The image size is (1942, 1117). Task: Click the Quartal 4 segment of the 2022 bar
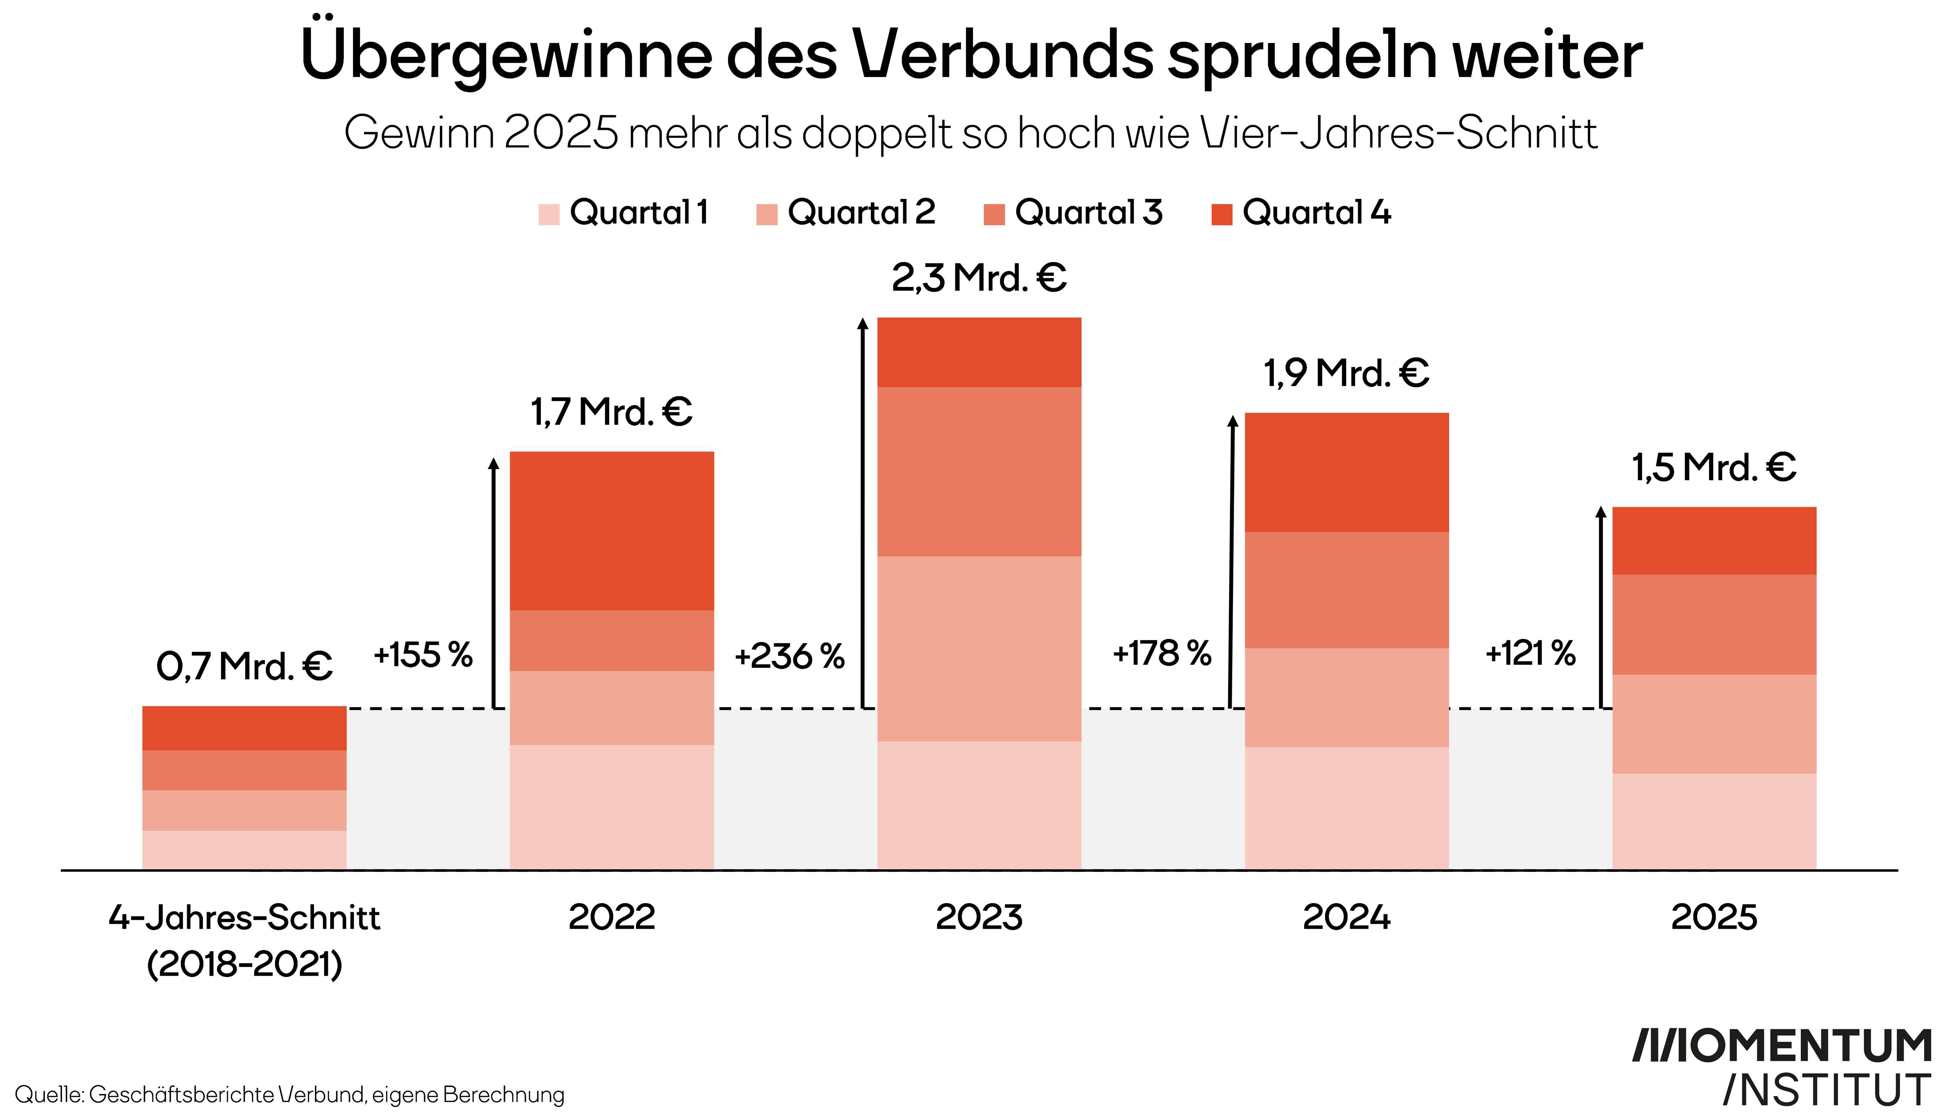click(x=611, y=531)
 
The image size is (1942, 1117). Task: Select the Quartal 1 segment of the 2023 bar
click(x=979, y=805)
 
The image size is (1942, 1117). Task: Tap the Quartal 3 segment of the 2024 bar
click(x=1346, y=590)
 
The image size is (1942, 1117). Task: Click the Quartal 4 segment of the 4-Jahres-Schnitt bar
click(x=244, y=728)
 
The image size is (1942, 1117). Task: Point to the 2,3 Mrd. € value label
click(x=979, y=278)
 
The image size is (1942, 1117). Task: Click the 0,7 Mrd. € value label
click(x=244, y=666)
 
